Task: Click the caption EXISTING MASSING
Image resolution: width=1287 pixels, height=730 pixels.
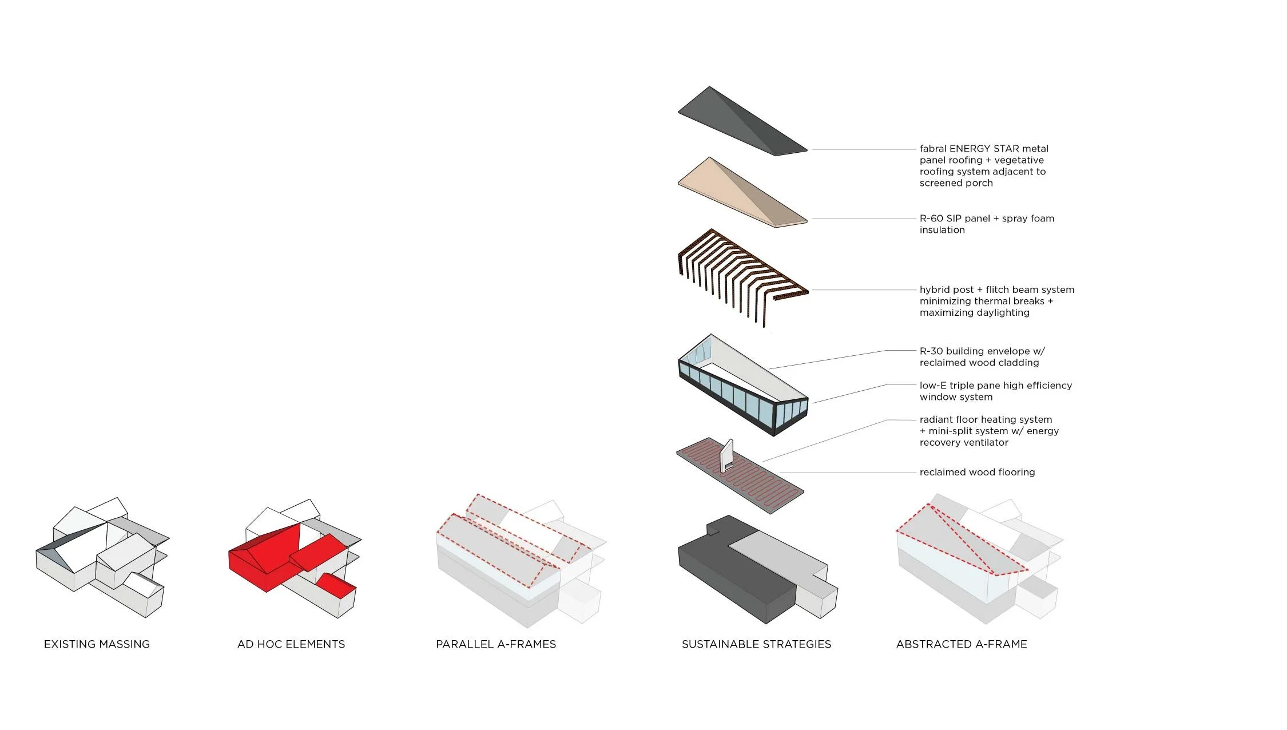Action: (97, 644)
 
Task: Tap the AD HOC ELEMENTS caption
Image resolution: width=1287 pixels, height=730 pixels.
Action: (291, 644)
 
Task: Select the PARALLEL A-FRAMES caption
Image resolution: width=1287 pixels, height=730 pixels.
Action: (496, 644)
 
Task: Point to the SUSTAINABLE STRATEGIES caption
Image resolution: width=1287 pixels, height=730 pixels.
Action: (756, 644)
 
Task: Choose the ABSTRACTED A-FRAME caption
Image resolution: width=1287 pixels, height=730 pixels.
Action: (962, 644)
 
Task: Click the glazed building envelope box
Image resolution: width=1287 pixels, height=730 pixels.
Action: (744, 389)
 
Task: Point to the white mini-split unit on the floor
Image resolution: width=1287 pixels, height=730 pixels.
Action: (726, 455)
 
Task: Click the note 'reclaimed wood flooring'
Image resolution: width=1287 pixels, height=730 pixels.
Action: (977, 472)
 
